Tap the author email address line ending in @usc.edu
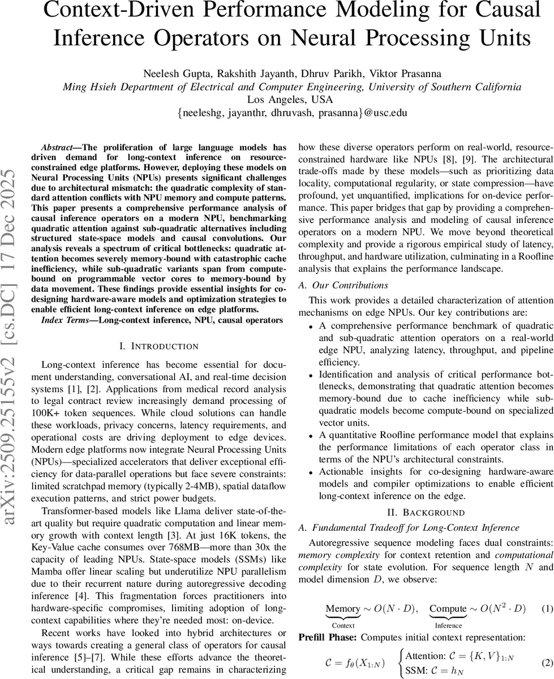click(291, 113)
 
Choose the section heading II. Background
click(426, 513)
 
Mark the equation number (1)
click(547, 609)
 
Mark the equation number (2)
click(547, 660)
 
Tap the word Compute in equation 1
click(448, 609)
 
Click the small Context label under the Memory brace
click(343, 625)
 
